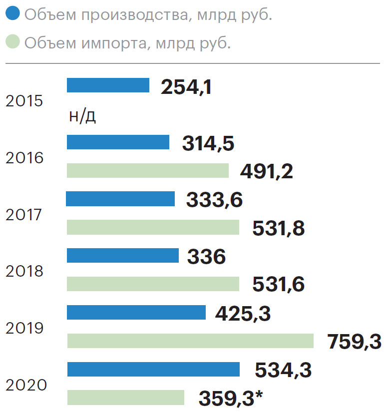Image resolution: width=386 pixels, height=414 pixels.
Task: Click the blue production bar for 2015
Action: click(108, 85)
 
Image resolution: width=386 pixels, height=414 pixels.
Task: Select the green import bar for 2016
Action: click(148, 171)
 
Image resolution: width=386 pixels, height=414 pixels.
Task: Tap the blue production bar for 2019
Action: click(136, 313)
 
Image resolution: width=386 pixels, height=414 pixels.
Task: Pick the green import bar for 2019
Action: click(190, 341)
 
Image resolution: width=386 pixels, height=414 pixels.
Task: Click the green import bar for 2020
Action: click(126, 398)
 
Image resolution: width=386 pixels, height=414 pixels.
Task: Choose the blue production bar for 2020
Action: click(153, 370)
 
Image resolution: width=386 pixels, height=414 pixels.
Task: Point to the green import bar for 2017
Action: click(153, 227)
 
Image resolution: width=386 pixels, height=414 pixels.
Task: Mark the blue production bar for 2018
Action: click(123, 256)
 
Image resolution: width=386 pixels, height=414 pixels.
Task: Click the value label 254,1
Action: click(186, 87)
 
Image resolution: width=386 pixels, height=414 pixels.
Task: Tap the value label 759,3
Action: click(354, 343)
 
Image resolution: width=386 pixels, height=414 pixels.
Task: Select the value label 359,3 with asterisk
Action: click(231, 399)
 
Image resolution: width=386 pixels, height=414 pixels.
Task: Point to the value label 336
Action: click(206, 257)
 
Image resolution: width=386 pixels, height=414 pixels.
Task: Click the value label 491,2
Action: click(266, 172)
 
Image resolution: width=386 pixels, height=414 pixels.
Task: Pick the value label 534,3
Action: click(283, 371)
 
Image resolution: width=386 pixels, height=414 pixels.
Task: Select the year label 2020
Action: click(27, 386)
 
